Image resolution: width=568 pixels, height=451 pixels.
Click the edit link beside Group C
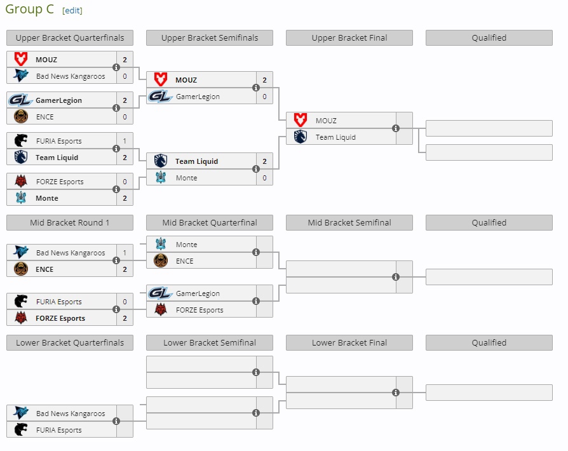click(72, 11)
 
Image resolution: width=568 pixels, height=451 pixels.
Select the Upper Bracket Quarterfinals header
click(70, 37)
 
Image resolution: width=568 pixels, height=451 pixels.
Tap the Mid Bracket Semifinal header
click(349, 222)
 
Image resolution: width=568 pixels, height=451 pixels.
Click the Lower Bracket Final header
click(349, 342)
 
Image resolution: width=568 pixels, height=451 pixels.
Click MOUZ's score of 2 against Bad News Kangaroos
click(125, 60)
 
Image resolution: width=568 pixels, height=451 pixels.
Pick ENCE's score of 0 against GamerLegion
click(125, 117)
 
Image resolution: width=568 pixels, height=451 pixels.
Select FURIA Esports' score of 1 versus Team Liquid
click(125, 141)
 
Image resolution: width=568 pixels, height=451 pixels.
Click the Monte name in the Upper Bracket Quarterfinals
click(47, 198)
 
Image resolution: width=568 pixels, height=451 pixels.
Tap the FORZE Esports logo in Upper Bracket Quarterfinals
click(21, 182)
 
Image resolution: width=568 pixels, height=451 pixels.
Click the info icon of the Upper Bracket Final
click(396, 128)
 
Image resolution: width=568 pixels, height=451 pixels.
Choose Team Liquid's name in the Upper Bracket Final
click(335, 137)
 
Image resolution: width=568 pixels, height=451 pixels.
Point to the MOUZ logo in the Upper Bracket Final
click(301, 120)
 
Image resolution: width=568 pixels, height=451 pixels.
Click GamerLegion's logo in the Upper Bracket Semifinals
click(160, 97)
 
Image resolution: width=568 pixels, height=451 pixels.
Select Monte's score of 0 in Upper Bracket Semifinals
click(264, 178)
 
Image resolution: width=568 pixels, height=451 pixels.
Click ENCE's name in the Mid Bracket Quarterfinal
click(185, 261)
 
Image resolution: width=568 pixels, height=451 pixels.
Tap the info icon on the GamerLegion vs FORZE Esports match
click(256, 301)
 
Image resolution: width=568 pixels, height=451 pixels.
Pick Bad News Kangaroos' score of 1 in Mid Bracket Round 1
click(125, 253)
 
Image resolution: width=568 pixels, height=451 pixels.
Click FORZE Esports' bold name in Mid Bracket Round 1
click(60, 318)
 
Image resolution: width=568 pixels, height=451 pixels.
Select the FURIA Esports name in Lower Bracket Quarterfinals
click(59, 430)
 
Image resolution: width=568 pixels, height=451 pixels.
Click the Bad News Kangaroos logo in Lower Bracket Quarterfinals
click(21, 413)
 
